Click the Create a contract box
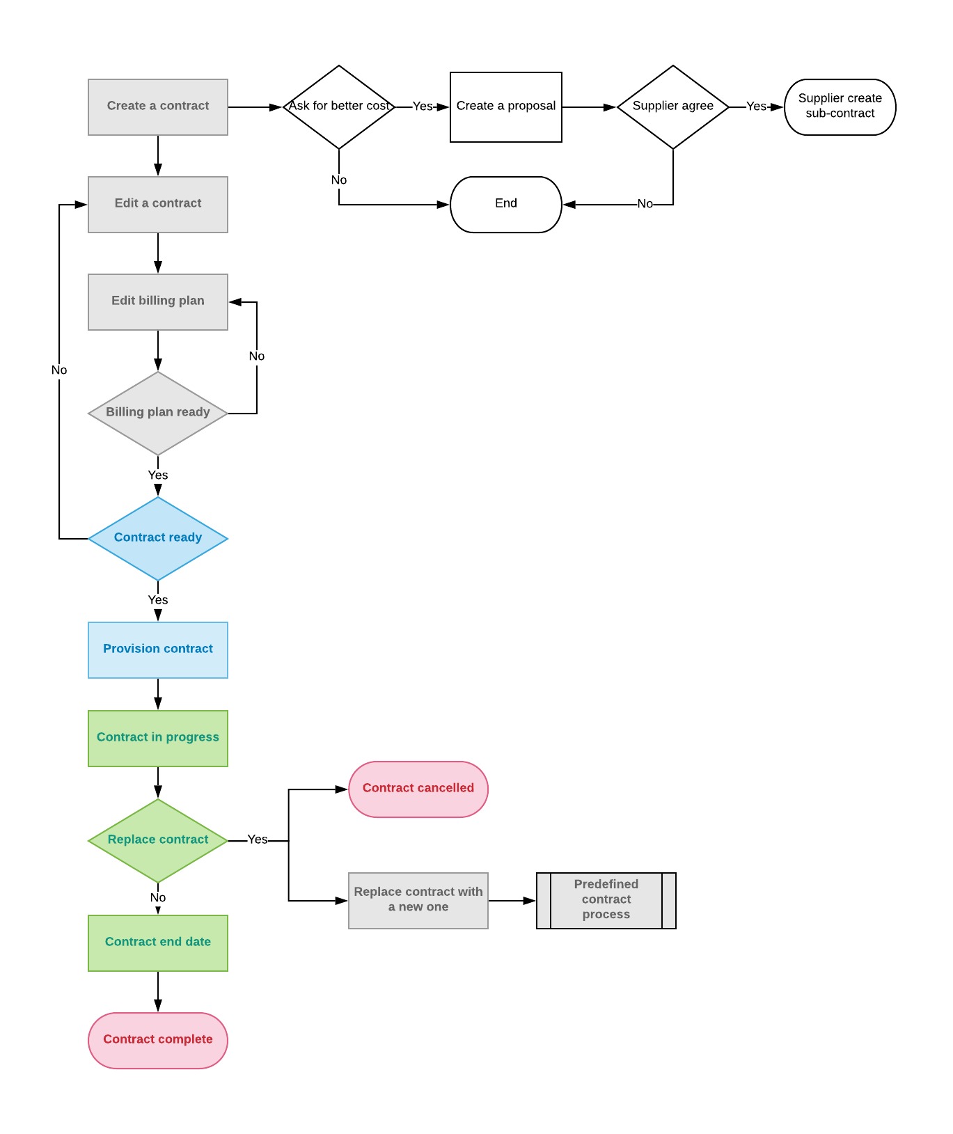pos(157,107)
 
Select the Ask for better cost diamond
pos(338,107)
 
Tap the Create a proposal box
pos(505,107)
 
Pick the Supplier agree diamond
pos(672,107)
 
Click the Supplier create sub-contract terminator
pos(840,107)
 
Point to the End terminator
pos(505,204)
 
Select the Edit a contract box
pos(157,204)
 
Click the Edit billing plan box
pos(157,301)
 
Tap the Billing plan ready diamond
pos(157,413)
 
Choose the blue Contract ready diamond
pos(157,538)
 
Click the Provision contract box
pos(157,649)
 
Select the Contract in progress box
pos(157,738)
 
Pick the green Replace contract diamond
pos(157,840)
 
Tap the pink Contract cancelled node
pos(418,789)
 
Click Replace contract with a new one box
pos(418,900)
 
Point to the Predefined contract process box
pos(606,900)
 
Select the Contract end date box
pos(157,943)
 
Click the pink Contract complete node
pos(157,1040)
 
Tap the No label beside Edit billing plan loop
pos(256,356)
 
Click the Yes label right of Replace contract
pos(258,840)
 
